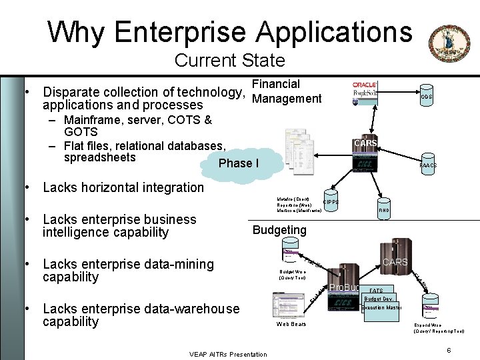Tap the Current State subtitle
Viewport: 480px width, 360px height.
pos(229,61)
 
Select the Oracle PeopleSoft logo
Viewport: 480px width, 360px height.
pos(365,92)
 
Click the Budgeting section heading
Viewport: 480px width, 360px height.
pos(279,230)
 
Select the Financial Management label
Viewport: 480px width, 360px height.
pos(287,92)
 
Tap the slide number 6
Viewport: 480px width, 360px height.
pos(449,350)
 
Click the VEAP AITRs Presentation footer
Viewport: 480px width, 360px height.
pos(228,354)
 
